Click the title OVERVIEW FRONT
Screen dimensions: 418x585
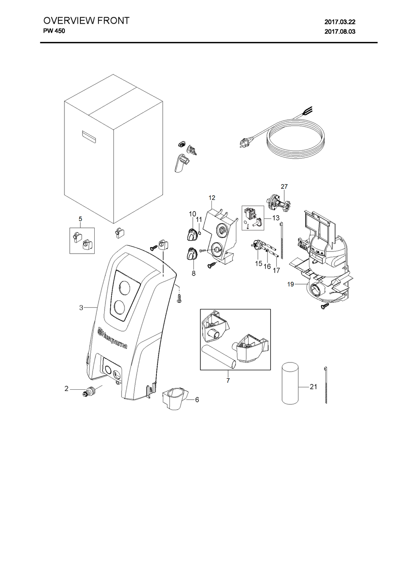(x=86, y=21)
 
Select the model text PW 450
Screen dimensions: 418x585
(x=54, y=31)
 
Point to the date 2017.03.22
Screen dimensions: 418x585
(x=340, y=22)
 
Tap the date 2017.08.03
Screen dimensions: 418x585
(x=340, y=32)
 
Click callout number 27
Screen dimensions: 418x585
(x=284, y=186)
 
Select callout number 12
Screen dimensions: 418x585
(x=212, y=198)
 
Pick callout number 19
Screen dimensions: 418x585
(x=291, y=284)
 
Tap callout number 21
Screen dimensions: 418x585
(x=313, y=387)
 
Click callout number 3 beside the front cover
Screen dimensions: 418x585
(x=81, y=308)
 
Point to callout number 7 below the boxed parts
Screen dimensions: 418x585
(x=228, y=380)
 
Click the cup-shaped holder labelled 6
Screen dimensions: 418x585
(x=174, y=399)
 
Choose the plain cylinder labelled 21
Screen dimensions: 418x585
(x=290, y=383)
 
